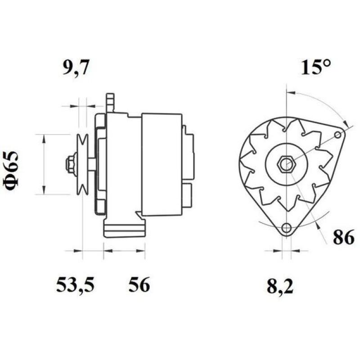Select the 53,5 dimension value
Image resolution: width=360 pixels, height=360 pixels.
76,285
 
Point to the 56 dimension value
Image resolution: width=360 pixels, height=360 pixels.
139,285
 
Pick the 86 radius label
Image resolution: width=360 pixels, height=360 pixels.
343,238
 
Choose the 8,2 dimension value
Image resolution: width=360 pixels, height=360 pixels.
280,287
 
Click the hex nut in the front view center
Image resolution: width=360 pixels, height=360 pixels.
285,164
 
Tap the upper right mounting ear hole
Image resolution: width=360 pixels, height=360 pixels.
338,135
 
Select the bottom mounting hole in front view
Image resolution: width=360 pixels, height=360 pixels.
285,229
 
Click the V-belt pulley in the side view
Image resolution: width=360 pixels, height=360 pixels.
82,164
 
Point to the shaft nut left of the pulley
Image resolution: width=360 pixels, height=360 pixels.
71,164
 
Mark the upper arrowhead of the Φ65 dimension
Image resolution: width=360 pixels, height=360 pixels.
44,138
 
